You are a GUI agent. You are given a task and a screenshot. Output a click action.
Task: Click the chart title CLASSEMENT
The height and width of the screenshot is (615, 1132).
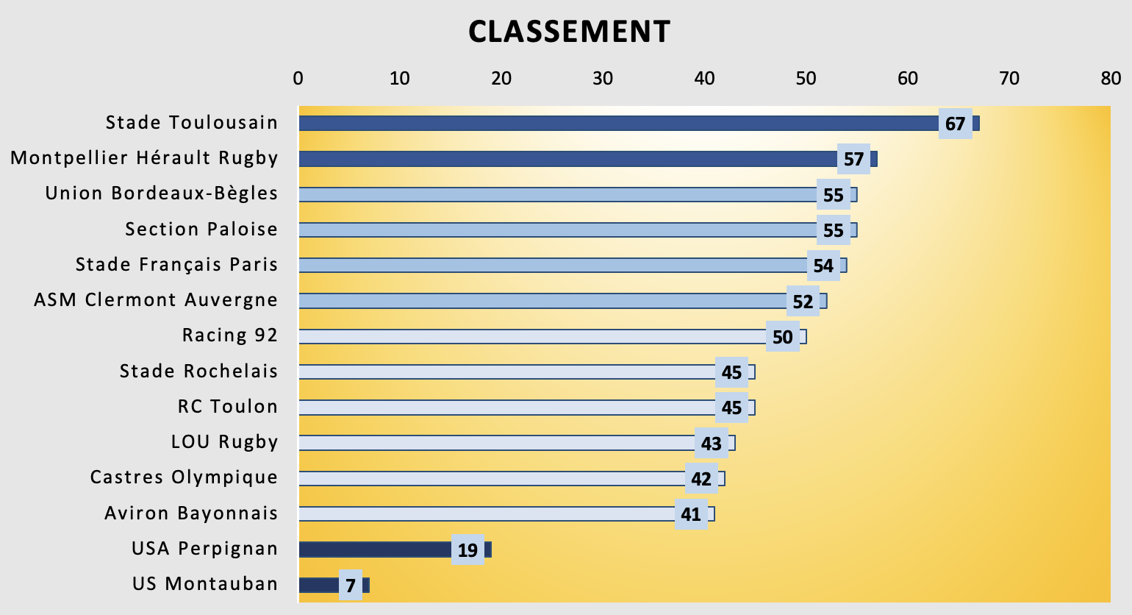coord(569,32)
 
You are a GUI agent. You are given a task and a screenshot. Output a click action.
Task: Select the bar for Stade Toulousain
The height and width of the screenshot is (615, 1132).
coord(617,123)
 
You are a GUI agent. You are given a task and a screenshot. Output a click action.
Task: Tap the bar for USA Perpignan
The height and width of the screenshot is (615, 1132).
coord(375,550)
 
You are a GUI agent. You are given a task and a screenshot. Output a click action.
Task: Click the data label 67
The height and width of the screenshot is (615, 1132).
coord(955,124)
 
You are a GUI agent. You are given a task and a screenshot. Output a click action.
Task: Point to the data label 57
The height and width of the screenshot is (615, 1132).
coord(853,159)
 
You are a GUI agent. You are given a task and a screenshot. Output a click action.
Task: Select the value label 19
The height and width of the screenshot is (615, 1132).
coord(468,550)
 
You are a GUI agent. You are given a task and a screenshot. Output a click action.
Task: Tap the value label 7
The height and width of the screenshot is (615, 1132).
coord(351,586)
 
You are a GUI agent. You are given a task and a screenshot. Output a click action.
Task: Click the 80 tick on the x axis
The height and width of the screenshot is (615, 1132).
coord(1111,78)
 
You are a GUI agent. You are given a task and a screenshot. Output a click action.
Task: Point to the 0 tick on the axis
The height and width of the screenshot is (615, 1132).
coord(298,78)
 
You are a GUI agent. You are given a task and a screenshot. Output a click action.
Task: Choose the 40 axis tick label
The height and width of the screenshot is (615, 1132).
coord(704,78)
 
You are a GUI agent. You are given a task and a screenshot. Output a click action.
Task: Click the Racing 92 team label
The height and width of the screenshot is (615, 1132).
coord(230,335)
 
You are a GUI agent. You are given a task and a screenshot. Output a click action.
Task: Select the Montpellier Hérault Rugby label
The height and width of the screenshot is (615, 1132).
coord(144,158)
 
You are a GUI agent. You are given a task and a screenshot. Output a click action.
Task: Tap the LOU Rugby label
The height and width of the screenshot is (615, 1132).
coord(224,442)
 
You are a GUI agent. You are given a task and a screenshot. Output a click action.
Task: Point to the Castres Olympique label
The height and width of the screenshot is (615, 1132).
coord(184,477)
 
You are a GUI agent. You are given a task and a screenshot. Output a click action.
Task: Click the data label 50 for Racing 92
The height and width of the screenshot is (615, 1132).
coord(782,337)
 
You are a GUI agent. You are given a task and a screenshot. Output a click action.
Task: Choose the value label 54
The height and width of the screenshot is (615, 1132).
coord(823,266)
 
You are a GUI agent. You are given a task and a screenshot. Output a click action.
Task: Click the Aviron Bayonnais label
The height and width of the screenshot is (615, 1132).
coord(191,513)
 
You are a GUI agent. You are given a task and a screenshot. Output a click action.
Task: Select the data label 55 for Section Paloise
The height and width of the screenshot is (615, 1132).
coord(833,230)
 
